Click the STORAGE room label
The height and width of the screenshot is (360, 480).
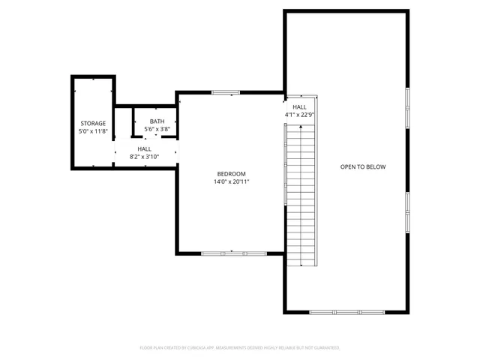pyautogui.click(x=93, y=123)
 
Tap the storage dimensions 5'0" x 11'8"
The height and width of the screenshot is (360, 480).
pyautogui.click(x=93, y=131)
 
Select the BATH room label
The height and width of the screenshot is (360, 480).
pyautogui.click(x=157, y=121)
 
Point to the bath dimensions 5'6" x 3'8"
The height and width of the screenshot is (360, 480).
pyautogui.click(x=157, y=130)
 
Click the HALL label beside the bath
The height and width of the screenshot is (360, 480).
pyautogui.click(x=144, y=149)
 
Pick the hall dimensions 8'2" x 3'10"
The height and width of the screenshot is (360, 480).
pyautogui.click(x=144, y=157)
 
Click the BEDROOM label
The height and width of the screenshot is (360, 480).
pyautogui.click(x=231, y=174)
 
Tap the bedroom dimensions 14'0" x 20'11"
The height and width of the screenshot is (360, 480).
pyautogui.click(x=231, y=181)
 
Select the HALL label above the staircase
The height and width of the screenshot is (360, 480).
pyautogui.click(x=299, y=107)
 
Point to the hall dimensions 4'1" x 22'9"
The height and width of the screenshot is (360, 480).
pyautogui.click(x=299, y=115)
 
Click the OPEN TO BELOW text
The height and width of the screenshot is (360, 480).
pyautogui.click(x=362, y=166)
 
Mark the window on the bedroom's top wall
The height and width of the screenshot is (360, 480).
pyautogui.click(x=224, y=92)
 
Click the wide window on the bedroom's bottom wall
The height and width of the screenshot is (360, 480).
pyautogui.click(x=233, y=253)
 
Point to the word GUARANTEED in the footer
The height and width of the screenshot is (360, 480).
pyautogui.click(x=325, y=348)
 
